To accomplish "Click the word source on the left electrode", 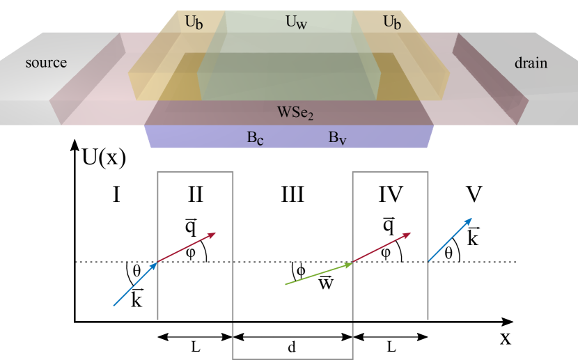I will (x=46, y=63).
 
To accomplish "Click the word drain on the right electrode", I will (x=531, y=63).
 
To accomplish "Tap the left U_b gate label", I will (x=195, y=22).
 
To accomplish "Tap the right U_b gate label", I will (x=393, y=22).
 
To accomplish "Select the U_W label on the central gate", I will (x=297, y=22).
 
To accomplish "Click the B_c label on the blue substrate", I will (x=255, y=137).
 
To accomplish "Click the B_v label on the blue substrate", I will (x=338, y=137).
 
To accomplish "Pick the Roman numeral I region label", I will (x=116, y=194).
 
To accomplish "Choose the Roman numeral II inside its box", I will (x=195, y=194).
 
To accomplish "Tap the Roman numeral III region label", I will (x=292, y=194).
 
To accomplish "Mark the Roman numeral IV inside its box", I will (x=390, y=194).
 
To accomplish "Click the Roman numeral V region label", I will (x=474, y=194).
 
